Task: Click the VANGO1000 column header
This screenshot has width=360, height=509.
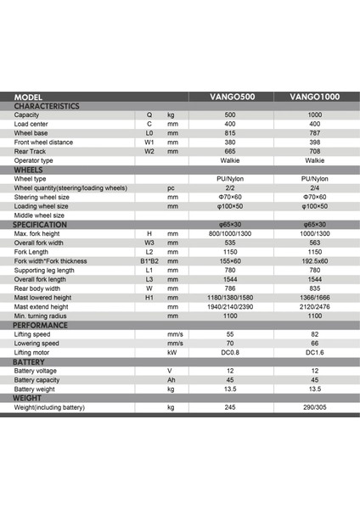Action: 314,98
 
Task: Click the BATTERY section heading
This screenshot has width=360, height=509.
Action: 31,361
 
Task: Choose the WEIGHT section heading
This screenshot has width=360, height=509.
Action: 30,397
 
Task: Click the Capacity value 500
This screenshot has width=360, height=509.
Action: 230,115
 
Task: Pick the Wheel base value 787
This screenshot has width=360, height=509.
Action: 314,133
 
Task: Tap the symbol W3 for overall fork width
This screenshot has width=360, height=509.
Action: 149,242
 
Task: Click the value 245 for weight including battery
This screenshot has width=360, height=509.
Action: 230,407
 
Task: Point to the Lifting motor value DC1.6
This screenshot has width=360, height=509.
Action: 315,353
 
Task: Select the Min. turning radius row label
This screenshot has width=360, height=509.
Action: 41,316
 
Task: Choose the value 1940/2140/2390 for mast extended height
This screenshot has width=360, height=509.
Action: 230,306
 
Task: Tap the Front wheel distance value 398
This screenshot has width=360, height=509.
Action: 314,143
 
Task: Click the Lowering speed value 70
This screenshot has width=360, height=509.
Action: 230,344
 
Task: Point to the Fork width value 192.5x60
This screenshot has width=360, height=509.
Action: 315,260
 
